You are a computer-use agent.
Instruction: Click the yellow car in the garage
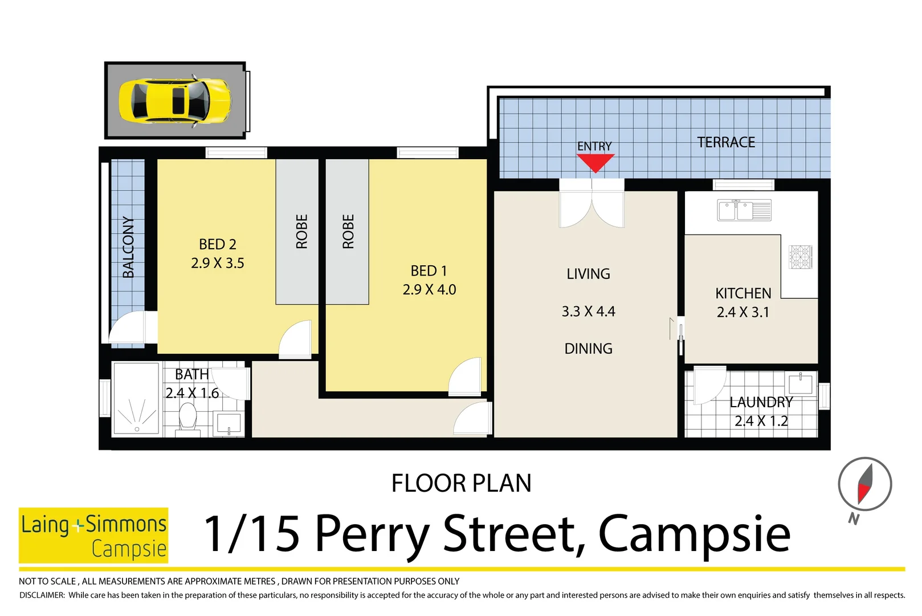tap(175, 100)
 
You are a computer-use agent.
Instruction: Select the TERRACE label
tap(726, 142)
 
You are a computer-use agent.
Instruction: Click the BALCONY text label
tap(129, 247)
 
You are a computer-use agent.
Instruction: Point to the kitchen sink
tap(744, 210)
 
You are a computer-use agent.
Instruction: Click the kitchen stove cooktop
tap(800, 257)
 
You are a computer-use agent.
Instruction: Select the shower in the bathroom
tap(136, 399)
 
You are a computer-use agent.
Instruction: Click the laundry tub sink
tap(800, 383)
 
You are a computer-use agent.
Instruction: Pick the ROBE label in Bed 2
tap(301, 232)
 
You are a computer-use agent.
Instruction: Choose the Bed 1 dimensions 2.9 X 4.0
tap(429, 290)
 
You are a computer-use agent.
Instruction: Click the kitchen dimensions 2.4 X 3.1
tap(743, 312)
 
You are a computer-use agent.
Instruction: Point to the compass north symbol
tap(864, 484)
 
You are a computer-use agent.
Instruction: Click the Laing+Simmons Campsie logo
tap(93, 535)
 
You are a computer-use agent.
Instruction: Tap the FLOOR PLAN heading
tap(461, 483)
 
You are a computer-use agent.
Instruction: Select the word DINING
tap(588, 348)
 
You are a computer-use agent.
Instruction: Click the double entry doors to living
tap(591, 205)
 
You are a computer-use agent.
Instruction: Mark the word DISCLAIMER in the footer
tap(42, 595)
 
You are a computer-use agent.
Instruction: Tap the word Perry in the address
tap(372, 534)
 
